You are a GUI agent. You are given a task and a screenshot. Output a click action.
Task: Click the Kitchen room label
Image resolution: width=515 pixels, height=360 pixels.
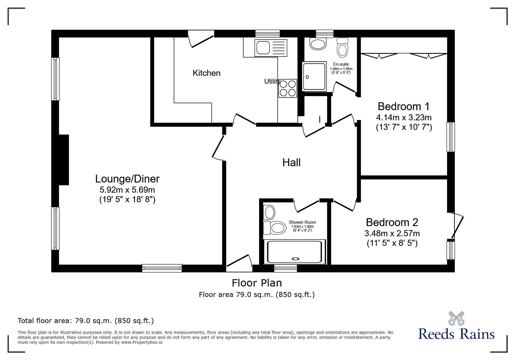pyautogui.click(x=206, y=73)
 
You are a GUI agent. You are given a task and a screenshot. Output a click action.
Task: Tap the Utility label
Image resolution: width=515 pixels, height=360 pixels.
pyautogui.click(x=272, y=82)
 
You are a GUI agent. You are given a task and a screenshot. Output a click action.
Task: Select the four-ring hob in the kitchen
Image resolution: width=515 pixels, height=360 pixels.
pyautogui.click(x=287, y=88)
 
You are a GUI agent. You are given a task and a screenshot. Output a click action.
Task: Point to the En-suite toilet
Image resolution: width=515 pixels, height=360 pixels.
pyautogui.click(x=342, y=49)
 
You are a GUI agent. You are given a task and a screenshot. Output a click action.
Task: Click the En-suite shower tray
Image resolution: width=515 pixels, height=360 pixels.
pyautogui.click(x=314, y=76)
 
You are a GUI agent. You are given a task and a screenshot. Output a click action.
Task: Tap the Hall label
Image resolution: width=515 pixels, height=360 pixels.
pyautogui.click(x=291, y=163)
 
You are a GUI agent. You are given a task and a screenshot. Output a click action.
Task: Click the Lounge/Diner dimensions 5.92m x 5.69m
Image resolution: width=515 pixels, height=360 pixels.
pyautogui.click(x=127, y=190)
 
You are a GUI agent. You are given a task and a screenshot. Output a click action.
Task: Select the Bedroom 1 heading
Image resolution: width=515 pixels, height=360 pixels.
pyautogui.click(x=403, y=107)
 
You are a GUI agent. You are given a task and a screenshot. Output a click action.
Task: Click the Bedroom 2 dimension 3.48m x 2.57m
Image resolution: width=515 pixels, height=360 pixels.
pyautogui.click(x=392, y=233)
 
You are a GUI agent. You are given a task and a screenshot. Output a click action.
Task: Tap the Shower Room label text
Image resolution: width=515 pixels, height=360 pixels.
pyautogui.click(x=302, y=222)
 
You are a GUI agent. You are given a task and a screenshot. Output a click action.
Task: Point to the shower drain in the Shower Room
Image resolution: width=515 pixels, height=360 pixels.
pyautogui.click(x=295, y=258)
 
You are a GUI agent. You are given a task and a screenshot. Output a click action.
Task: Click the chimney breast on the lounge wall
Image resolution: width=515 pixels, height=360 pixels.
pyautogui.click(x=64, y=160)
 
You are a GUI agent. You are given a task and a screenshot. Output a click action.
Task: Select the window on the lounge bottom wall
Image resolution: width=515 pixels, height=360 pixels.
pyautogui.click(x=162, y=268)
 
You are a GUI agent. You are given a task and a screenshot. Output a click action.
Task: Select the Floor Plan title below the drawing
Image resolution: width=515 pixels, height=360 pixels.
pyautogui.click(x=256, y=283)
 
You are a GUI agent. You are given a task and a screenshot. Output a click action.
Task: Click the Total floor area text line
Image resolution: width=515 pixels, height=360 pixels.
pyautogui.click(x=86, y=321)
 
